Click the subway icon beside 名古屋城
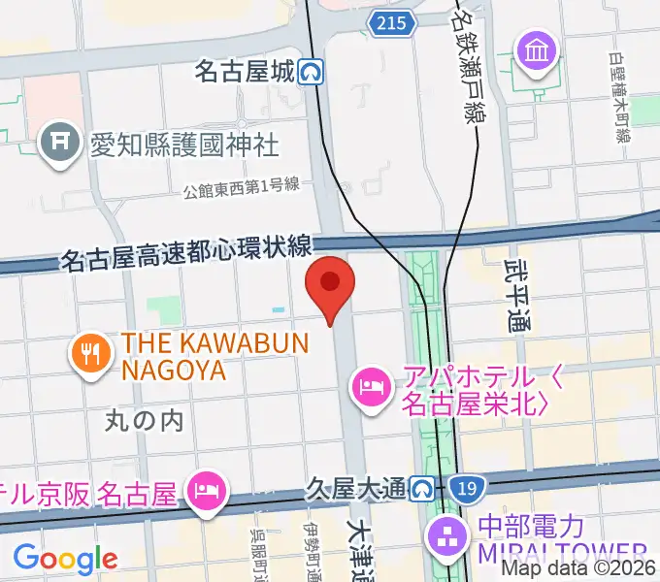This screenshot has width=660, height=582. click(x=311, y=72)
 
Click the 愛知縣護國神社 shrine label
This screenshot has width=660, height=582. click(x=183, y=145)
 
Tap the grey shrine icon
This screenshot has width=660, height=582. click(x=59, y=145)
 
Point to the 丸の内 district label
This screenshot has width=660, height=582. click(x=144, y=420)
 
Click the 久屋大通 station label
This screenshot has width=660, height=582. click(x=353, y=489)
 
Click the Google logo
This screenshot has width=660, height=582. click(x=65, y=559)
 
